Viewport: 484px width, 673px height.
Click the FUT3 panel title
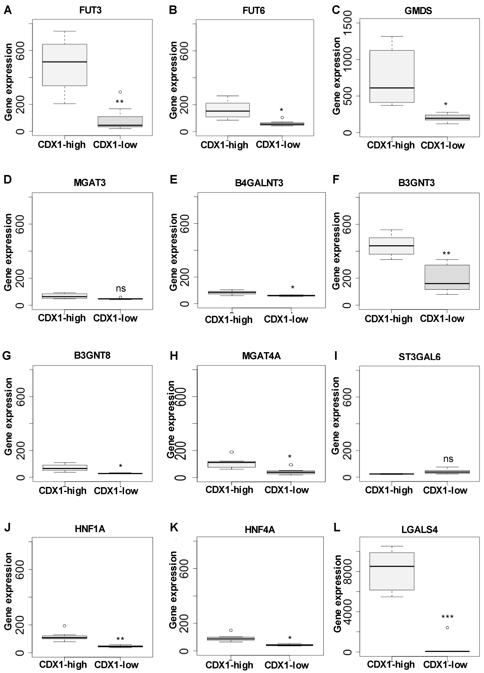click(x=90, y=10)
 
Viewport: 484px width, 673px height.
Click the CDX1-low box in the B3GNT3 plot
click(x=447, y=277)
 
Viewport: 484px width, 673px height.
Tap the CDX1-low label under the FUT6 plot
click(x=278, y=145)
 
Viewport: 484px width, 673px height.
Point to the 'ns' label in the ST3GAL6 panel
click(x=448, y=459)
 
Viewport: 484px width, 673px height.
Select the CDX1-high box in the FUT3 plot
click(x=65, y=65)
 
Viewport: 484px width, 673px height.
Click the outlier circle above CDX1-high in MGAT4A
click(x=231, y=452)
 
